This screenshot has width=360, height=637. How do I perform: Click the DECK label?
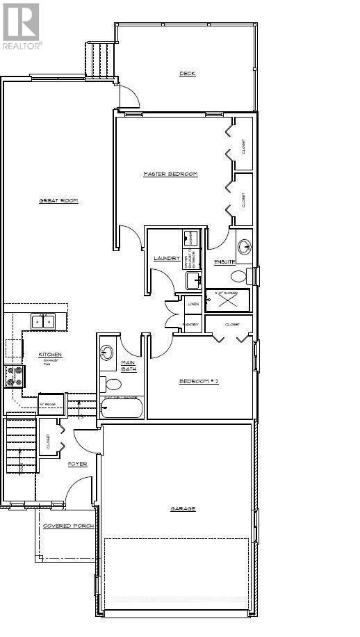tap(187, 73)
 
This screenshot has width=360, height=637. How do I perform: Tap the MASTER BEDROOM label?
tap(170, 174)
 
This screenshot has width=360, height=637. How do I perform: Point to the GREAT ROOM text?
tap(58, 201)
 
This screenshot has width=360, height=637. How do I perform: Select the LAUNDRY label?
tap(166, 259)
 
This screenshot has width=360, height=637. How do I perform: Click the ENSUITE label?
tap(224, 261)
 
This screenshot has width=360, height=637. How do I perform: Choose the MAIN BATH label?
tap(129, 366)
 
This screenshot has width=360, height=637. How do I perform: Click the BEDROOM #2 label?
tap(199, 381)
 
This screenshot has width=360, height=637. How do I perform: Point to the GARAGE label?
tap(183, 508)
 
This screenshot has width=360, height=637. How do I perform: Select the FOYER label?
tap(77, 463)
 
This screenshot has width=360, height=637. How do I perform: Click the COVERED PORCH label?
tap(68, 526)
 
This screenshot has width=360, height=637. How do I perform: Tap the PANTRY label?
tap(192, 324)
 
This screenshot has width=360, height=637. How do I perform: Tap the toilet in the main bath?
tap(113, 383)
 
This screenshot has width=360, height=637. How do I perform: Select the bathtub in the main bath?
tap(122, 408)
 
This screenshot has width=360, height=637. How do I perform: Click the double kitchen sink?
tap(43, 321)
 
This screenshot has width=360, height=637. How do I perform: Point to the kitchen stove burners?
tap(15, 376)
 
